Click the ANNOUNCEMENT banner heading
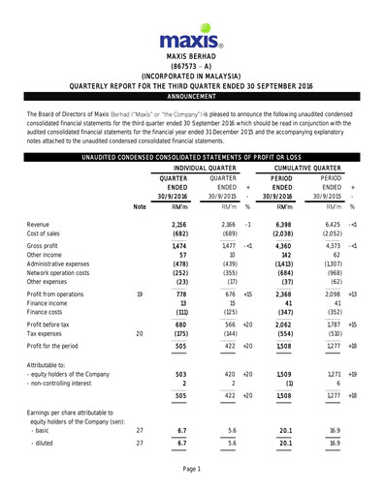[191, 98]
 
